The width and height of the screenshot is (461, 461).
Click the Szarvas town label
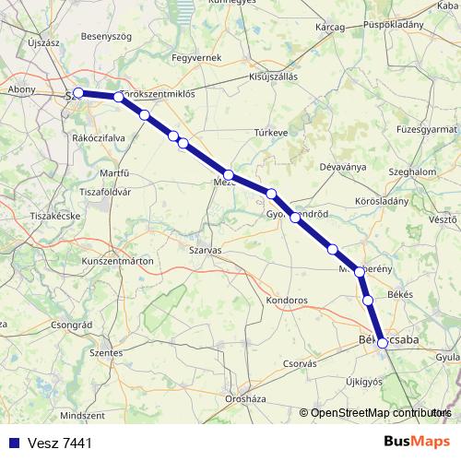coord(204,250)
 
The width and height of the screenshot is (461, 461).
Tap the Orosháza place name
coord(245,399)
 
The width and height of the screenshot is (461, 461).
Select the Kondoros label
coord(285,301)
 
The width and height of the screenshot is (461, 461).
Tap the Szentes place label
coord(106,352)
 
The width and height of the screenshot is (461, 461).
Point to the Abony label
coord(21,89)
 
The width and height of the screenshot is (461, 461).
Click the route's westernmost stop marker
coord(78,92)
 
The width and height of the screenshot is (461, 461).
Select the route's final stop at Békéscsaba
coord(383,343)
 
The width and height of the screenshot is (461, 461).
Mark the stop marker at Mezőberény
coord(360,272)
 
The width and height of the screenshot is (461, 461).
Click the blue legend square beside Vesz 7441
coord(13,443)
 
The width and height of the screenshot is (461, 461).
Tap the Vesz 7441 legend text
coord(59,443)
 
